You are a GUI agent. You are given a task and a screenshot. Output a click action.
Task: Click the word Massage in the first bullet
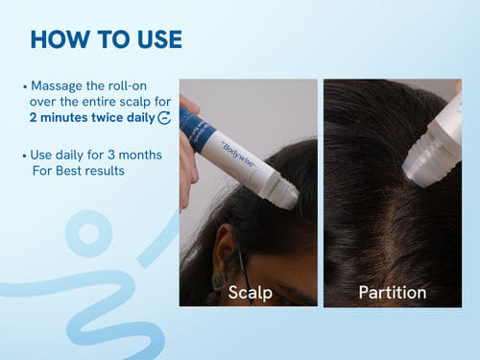57,85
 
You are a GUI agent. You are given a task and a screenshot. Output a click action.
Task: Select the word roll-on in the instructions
128,85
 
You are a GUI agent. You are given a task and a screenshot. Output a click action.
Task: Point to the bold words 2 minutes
59,117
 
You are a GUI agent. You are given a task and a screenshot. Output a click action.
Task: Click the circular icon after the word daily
164,118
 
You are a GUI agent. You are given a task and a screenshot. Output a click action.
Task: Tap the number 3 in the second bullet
111,155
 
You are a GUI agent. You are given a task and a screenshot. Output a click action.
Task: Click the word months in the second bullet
140,155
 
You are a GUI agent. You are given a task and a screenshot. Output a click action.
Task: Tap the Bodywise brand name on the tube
238,155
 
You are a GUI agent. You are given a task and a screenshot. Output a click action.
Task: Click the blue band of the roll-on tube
198,129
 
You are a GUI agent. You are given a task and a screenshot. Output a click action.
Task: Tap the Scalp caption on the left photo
251,293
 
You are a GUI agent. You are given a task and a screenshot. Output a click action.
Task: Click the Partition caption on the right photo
393,293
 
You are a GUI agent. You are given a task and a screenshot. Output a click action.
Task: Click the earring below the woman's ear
219,281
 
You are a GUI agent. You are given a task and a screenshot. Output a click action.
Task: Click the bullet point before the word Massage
25,86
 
